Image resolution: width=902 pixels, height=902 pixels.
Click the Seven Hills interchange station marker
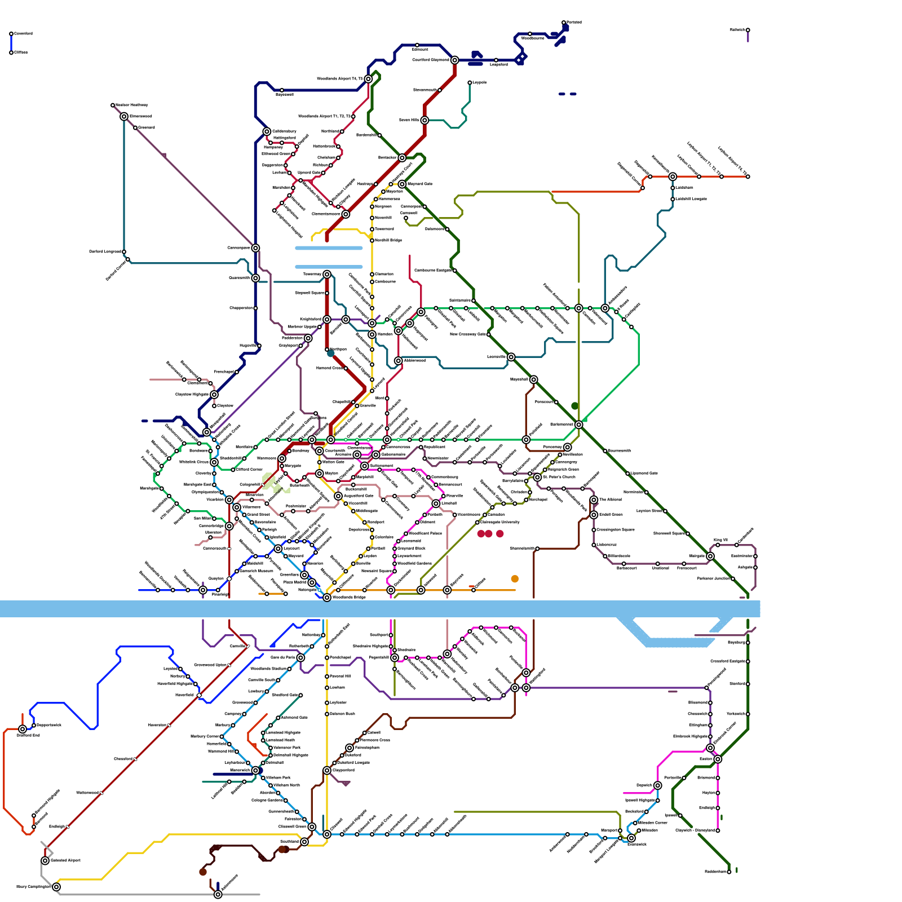pyautogui.click(x=425, y=120)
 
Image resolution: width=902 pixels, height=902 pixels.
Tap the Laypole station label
pyautogui.click(x=479, y=82)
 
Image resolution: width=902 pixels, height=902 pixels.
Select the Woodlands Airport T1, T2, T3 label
pyautogui.click(x=324, y=117)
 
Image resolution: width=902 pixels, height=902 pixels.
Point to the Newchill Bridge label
pyautogui.click(x=388, y=240)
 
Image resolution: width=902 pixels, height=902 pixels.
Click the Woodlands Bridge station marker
pyautogui.click(x=327, y=598)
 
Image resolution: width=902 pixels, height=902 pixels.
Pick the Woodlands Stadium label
pyautogui.click(x=268, y=669)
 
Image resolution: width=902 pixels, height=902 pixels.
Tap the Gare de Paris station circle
pyautogui.click(x=301, y=657)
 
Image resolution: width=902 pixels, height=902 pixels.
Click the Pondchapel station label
pyautogui.click(x=341, y=657)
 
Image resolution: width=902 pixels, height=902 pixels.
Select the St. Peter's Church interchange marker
pyautogui.click(x=538, y=477)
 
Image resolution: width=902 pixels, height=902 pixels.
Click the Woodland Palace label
pyautogui.click(x=425, y=533)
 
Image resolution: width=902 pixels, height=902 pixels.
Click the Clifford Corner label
pyautogui.click(x=249, y=469)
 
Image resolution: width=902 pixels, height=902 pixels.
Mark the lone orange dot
pyautogui.click(x=515, y=579)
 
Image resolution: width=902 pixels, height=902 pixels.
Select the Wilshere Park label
pyautogui.click(x=278, y=777)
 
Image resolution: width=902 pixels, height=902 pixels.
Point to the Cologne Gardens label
pyautogui.click(x=267, y=800)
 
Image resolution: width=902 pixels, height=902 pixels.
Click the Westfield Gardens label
pyautogui.click(x=414, y=563)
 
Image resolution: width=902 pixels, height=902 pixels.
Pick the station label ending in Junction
pyautogui.click(x=713, y=578)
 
